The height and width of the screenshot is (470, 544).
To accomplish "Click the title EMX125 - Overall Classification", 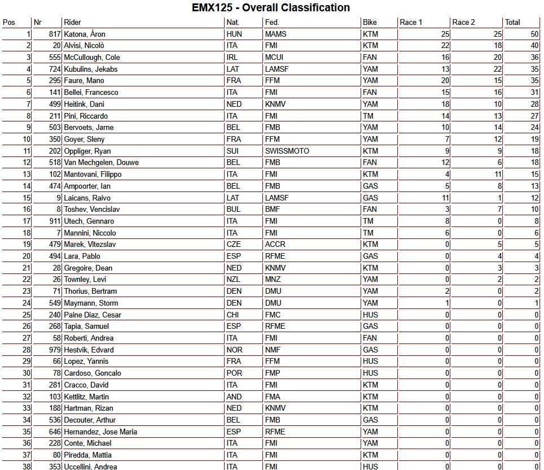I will [271, 8].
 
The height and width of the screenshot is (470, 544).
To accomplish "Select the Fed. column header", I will [271, 23].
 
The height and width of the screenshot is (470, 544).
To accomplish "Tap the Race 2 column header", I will [463, 23].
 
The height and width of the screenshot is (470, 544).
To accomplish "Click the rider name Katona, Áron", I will [85, 34].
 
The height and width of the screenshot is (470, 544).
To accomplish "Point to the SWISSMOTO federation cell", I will [287, 151].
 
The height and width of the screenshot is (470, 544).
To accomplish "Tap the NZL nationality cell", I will [234, 280].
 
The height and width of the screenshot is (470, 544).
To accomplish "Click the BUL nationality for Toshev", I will [234, 210].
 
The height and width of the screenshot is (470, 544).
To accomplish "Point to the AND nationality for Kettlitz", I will [234, 397].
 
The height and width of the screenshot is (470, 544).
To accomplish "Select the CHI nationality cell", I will [233, 315].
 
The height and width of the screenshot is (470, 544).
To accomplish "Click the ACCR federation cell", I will [275, 245].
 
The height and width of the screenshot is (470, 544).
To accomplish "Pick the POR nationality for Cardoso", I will [234, 373].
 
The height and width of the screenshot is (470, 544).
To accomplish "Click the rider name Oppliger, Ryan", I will [87, 151].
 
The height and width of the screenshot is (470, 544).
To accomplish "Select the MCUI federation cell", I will [274, 57].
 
